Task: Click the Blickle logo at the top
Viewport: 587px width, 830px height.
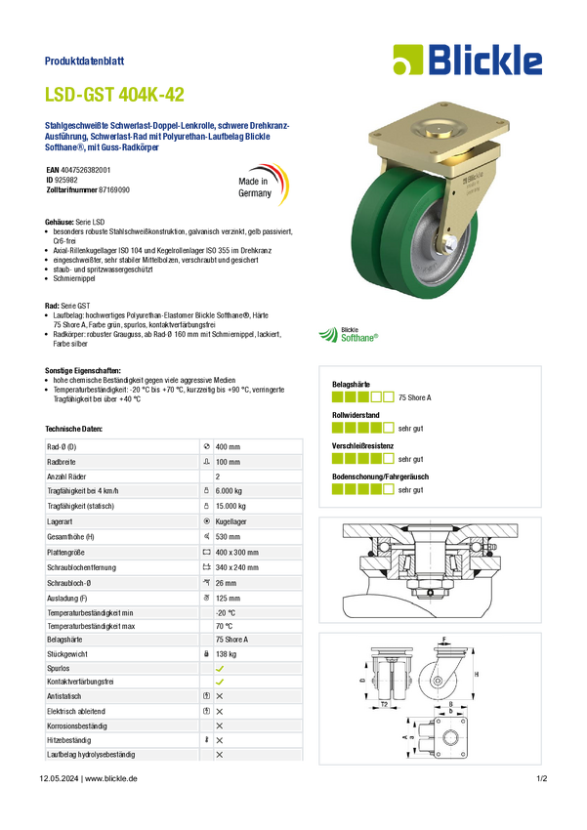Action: coord(468,60)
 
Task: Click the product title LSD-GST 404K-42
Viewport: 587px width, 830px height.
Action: coord(114,95)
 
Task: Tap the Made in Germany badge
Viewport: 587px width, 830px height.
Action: coord(263,185)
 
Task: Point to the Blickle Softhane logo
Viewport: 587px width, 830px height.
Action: coord(349,335)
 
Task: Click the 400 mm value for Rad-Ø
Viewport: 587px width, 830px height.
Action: coord(228,447)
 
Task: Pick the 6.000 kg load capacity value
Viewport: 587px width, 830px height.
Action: coord(229,491)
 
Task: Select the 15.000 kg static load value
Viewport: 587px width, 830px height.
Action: coord(231,506)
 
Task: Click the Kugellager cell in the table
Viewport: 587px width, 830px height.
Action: coord(231,521)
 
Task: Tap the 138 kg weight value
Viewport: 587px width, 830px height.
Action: coord(226,653)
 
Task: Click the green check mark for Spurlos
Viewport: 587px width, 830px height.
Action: coord(220,669)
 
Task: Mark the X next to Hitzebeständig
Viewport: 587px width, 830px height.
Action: coord(220,740)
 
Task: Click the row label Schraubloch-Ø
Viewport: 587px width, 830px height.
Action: coord(68,583)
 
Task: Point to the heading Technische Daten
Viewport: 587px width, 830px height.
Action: coord(73,429)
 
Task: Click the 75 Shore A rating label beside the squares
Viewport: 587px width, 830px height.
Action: coord(414,397)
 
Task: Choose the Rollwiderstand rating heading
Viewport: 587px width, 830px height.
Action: coord(356,415)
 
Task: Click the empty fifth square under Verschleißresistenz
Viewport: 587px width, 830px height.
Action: coord(389,458)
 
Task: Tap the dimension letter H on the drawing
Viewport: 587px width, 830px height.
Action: coord(477,675)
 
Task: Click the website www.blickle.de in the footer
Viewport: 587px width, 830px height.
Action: coord(111,778)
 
